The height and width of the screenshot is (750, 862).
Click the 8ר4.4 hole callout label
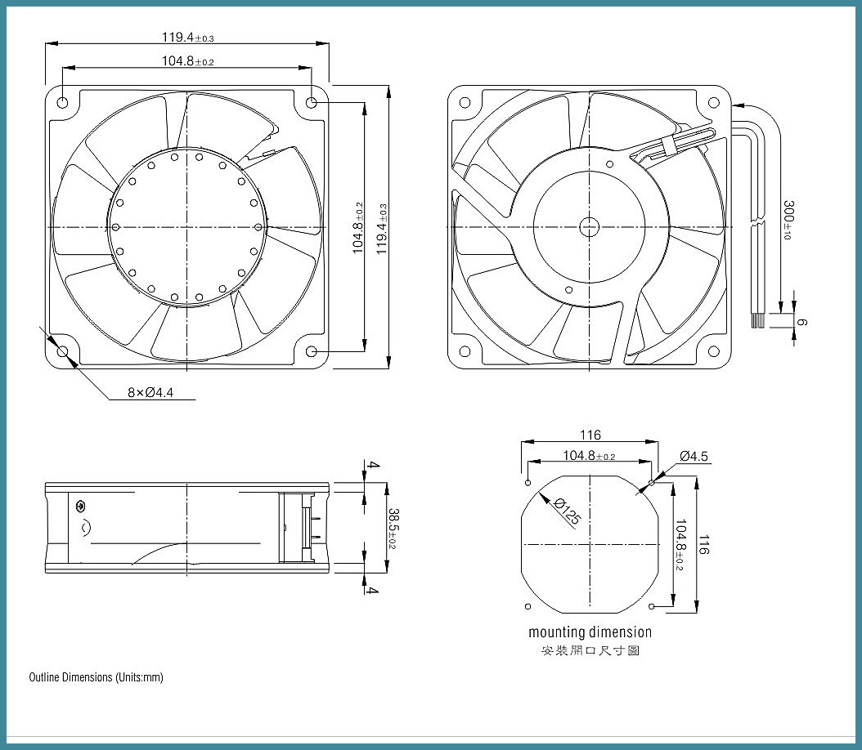point(150,392)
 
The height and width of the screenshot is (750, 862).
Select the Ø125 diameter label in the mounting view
point(568,511)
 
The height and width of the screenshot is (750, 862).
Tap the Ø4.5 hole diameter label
point(694,456)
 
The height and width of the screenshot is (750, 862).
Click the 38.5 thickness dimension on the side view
point(393,528)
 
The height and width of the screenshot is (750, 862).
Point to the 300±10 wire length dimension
point(788,220)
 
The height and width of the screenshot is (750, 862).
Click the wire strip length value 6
point(802,322)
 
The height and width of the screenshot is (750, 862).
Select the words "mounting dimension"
point(590,632)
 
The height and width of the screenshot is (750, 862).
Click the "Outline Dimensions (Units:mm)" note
point(97,677)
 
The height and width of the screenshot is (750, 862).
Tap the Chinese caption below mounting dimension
point(590,650)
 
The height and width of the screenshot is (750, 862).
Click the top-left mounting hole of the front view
point(62,102)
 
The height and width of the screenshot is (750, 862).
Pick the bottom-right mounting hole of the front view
point(311,351)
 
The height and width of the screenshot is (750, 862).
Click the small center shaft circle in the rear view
point(590,227)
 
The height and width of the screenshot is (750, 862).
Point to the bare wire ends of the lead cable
point(757,322)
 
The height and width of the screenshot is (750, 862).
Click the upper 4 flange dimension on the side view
point(373,465)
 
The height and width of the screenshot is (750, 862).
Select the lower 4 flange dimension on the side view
point(373,590)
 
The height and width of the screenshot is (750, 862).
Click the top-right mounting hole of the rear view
point(714,102)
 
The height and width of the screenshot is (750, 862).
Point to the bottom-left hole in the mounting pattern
point(528,606)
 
